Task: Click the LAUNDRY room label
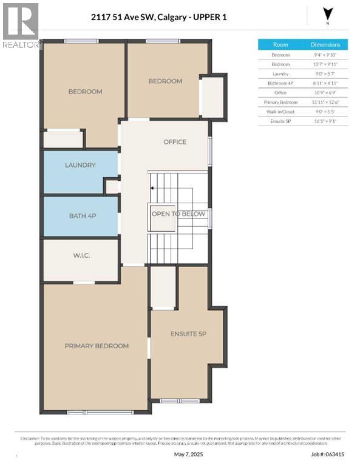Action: (x=80, y=165)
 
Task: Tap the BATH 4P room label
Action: (x=80, y=215)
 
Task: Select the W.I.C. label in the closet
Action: (x=81, y=255)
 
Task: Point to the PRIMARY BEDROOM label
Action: (x=97, y=346)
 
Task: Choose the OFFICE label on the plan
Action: (x=175, y=142)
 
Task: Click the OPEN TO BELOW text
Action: (x=178, y=214)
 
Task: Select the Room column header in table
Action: (x=280, y=44)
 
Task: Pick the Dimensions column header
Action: (x=325, y=44)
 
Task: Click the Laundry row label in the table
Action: (x=280, y=73)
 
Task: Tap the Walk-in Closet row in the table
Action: (x=280, y=112)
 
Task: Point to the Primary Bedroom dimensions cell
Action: (x=325, y=102)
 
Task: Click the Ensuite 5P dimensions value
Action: (x=325, y=121)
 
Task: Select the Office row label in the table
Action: (x=280, y=92)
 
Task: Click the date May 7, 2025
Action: (x=186, y=454)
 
